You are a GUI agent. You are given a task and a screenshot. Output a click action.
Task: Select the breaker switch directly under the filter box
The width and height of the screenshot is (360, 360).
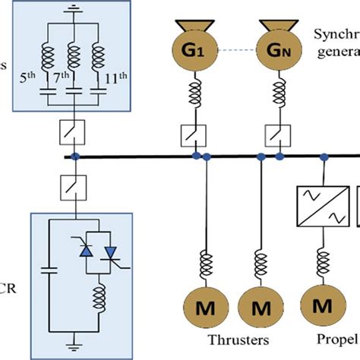pos(73,134)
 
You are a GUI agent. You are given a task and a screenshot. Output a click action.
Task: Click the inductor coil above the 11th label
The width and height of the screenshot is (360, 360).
pos(99,60)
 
